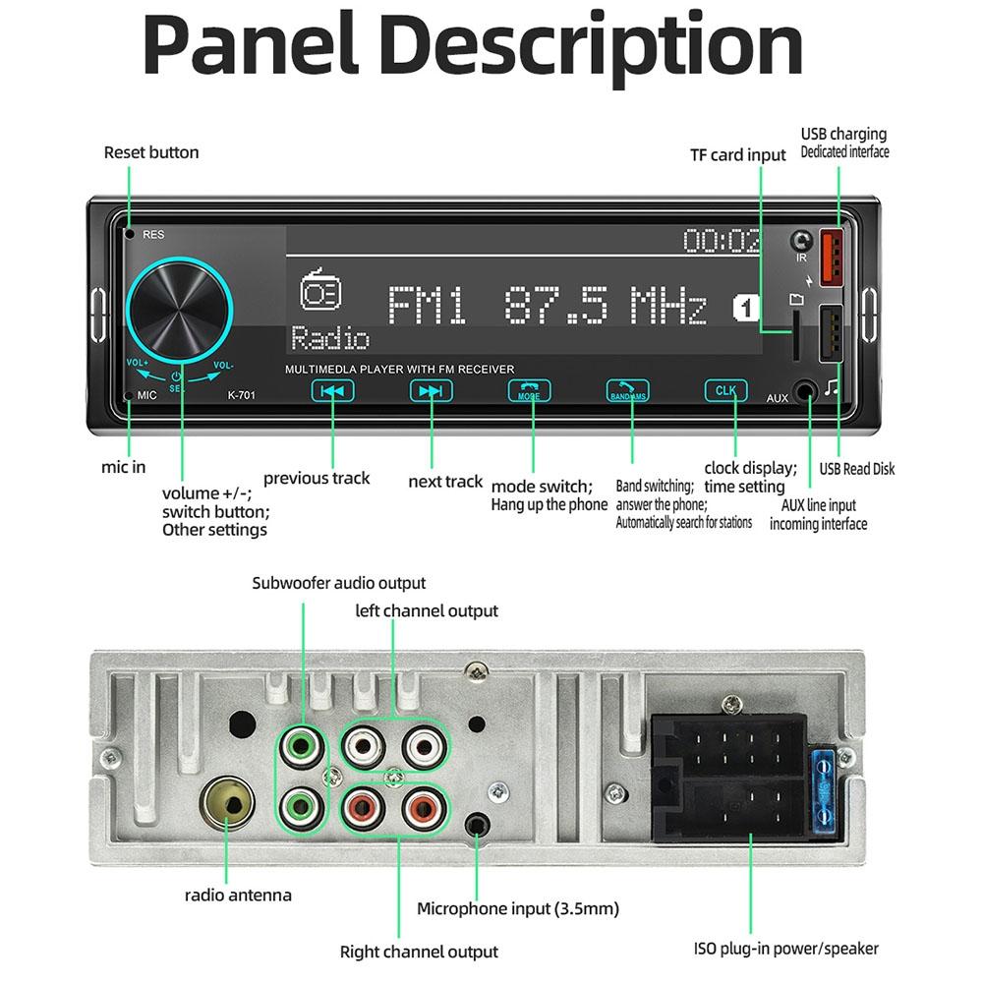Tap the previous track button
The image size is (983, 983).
coord(333,390)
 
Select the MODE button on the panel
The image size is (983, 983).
coord(529,390)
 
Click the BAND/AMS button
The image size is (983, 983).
coord(627,390)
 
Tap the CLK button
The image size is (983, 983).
coord(725,390)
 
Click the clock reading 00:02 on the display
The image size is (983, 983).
coord(722,240)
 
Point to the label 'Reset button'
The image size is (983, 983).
coord(151,152)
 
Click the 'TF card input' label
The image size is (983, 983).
coord(737,154)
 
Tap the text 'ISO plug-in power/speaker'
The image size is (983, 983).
coord(785,949)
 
